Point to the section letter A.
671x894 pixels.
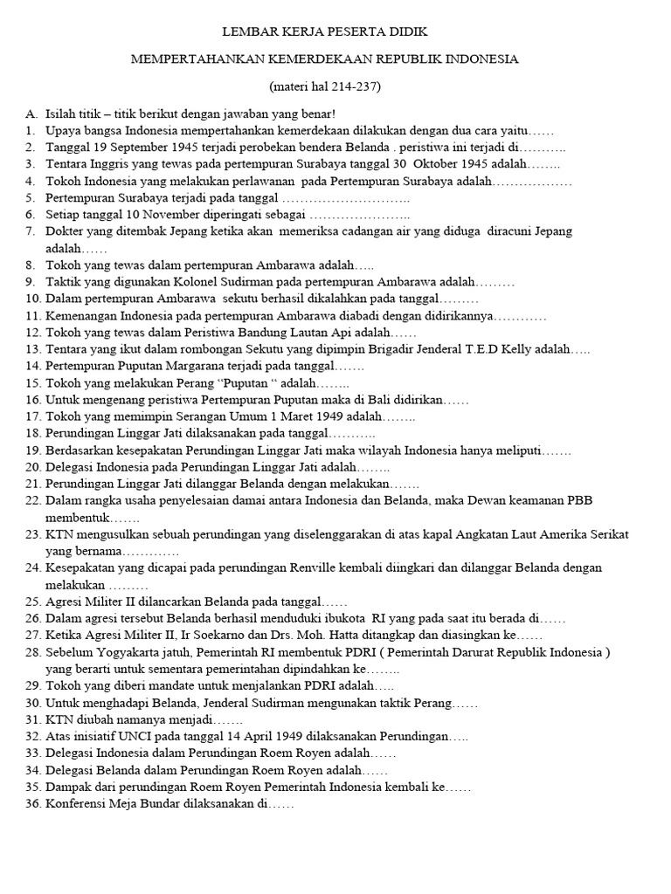pyautogui.click(x=31, y=114)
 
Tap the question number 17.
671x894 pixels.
pyautogui.click(x=32, y=416)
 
